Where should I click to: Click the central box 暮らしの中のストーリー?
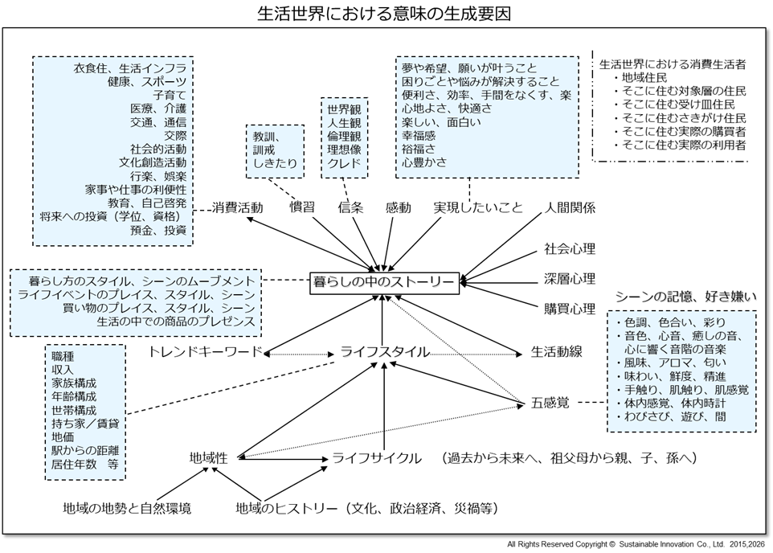click(x=384, y=281)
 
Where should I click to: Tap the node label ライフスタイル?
click(x=384, y=352)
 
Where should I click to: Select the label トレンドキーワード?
click(x=206, y=352)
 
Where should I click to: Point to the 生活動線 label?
click(x=556, y=352)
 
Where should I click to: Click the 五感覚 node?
click(x=550, y=402)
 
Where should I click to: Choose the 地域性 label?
click(x=208, y=458)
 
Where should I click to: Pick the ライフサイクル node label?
click(x=377, y=458)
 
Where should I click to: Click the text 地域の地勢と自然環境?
click(x=128, y=508)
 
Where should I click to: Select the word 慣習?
click(x=302, y=208)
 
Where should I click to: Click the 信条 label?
click(x=350, y=208)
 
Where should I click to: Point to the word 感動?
click(x=398, y=208)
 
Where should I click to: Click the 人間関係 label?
click(x=570, y=208)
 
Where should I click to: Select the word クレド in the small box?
click(x=344, y=165)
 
